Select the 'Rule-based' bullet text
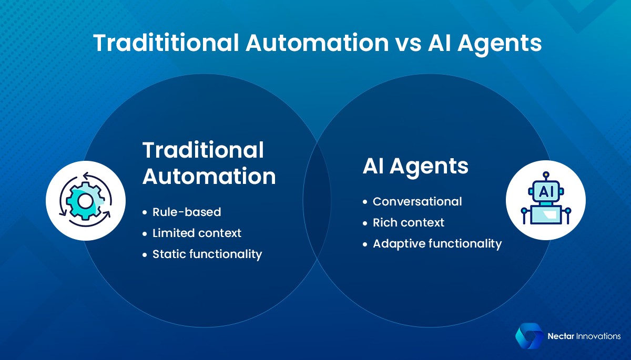[x=187, y=212]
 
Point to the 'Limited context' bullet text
[x=197, y=233]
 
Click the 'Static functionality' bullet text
[x=207, y=254]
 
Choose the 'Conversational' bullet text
[x=417, y=201]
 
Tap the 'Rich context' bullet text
[x=409, y=222]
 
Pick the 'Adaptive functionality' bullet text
[x=437, y=243]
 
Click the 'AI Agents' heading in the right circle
[x=415, y=166]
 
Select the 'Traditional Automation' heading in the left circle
[x=209, y=163]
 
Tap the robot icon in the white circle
[x=545, y=200]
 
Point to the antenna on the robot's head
[x=545, y=175]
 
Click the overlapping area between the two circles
[x=317, y=200]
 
